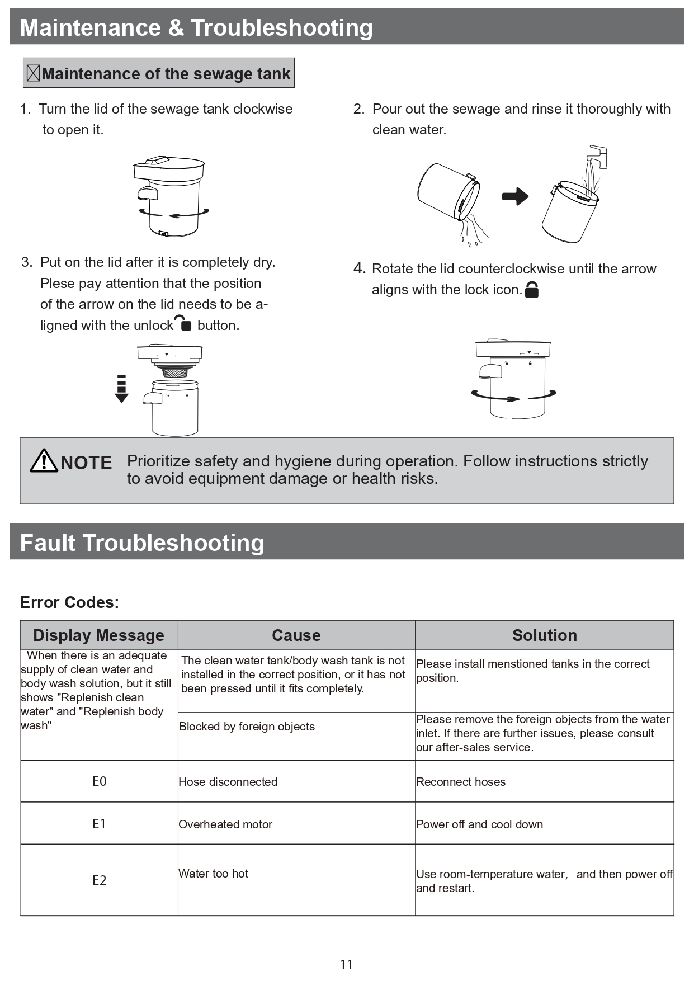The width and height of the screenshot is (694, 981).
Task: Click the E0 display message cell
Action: point(99,781)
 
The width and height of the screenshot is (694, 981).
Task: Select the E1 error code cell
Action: point(99,823)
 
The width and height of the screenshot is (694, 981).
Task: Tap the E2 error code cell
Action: point(99,880)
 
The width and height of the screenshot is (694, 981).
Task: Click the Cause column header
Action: point(296,635)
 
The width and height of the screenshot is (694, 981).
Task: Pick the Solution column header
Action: point(544,635)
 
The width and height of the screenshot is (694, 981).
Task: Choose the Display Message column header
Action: point(98,635)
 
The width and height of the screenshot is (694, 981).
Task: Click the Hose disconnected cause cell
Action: point(228,782)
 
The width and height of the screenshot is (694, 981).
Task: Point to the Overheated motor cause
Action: point(225,824)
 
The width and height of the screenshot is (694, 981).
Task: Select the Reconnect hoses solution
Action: point(460,782)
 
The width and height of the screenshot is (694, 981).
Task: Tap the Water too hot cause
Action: point(213,874)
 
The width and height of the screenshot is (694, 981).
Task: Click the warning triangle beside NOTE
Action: point(44,461)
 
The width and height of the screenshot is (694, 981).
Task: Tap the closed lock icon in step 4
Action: point(532,290)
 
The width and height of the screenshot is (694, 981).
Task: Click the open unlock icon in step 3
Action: point(183,323)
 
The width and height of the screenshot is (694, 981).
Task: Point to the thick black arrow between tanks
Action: point(515,196)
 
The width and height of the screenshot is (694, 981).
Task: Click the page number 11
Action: point(346,964)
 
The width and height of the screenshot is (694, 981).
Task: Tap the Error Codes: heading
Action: point(69,602)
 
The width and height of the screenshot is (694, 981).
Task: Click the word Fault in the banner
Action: point(48,543)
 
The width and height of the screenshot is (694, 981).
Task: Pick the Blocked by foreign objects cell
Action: point(247,727)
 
